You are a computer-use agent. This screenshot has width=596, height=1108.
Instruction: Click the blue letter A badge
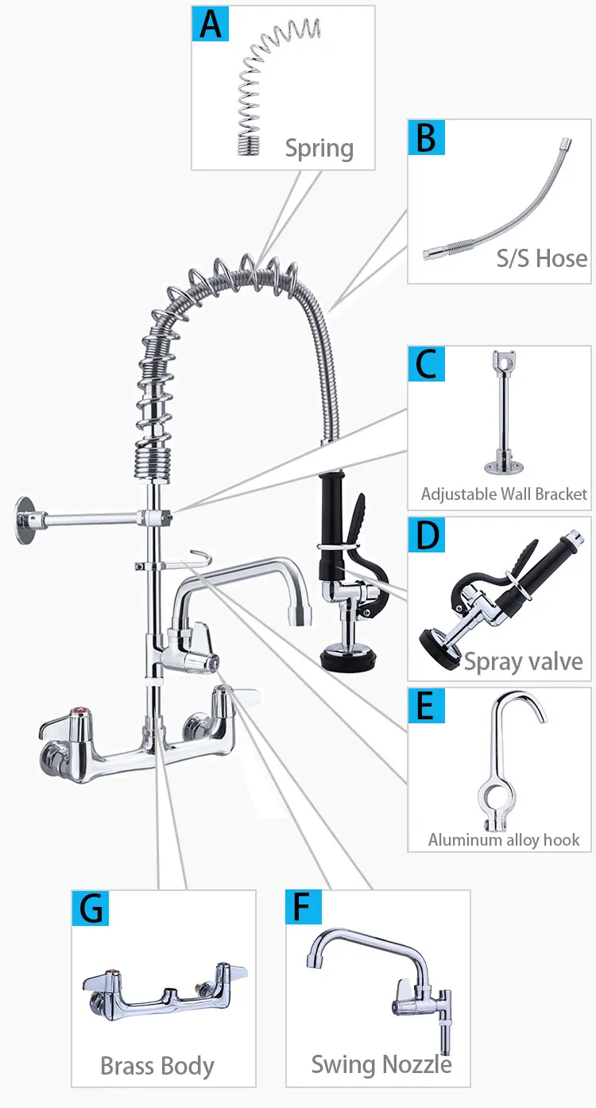coord(211,25)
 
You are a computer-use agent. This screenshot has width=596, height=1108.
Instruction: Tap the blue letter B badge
coord(427,138)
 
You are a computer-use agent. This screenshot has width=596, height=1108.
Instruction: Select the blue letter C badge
coord(427,365)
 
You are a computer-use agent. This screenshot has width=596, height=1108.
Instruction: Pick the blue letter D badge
coord(427,536)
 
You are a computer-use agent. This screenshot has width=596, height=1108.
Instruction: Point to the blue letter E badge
coord(427,706)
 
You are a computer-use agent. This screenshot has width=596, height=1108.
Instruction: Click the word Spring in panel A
coord(319,148)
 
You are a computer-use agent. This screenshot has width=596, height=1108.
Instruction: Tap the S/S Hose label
coord(542,258)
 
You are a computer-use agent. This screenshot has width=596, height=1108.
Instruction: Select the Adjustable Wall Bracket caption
coord(504,494)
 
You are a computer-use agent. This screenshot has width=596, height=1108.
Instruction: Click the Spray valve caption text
coord(523,661)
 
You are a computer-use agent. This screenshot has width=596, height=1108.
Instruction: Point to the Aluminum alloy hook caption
coord(504,839)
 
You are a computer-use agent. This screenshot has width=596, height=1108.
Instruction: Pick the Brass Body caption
coord(157,1066)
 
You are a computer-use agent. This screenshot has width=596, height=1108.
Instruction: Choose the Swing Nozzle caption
coord(381,1064)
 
